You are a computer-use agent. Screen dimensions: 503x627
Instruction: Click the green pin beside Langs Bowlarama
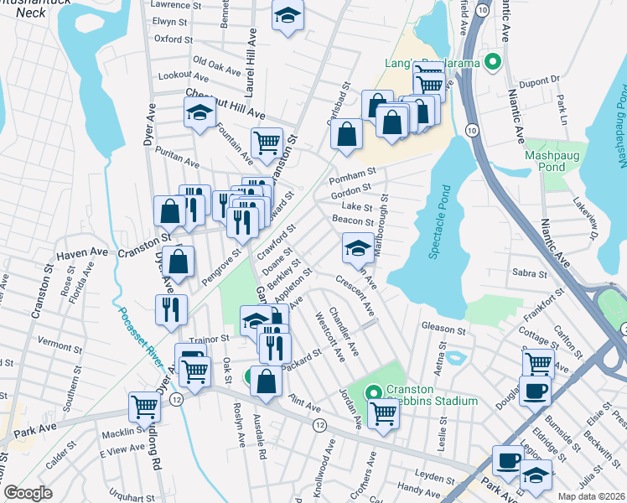pos(493,61)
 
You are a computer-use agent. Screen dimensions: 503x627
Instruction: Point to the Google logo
pos(28,493)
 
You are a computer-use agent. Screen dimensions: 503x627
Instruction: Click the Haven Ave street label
pos(82,251)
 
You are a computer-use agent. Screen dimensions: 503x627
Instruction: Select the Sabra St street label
pos(529,273)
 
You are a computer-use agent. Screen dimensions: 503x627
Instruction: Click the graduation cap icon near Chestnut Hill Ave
pos(200,112)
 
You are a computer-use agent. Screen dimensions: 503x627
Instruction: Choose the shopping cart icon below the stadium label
pos(384,411)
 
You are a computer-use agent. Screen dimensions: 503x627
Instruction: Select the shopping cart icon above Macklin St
pos(144,407)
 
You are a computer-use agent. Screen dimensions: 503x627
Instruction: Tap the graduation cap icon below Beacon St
pos(358,247)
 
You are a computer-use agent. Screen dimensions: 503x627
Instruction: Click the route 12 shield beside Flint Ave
pos(319,425)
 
